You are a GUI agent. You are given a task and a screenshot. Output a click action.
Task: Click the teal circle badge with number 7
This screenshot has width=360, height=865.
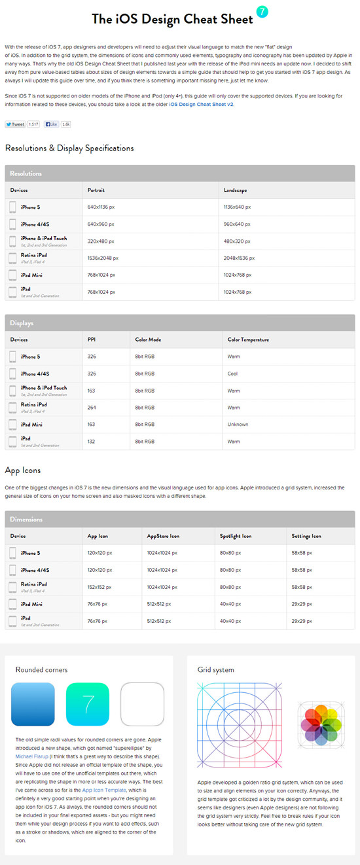[262, 12]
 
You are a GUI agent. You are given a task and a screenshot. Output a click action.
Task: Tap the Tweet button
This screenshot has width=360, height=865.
[15, 124]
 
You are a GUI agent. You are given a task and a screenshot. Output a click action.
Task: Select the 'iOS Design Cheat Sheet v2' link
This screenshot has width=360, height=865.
[201, 104]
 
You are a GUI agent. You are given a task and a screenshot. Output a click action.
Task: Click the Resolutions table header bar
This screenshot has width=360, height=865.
[180, 173]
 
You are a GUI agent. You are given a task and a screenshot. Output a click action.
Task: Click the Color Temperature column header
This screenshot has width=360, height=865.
[248, 340]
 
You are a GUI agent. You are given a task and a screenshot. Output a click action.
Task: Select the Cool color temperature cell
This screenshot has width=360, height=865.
[233, 374]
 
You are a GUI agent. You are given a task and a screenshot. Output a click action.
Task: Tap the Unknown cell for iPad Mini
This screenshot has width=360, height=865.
[238, 425]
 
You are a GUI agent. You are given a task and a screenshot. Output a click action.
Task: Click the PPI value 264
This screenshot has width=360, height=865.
[92, 408]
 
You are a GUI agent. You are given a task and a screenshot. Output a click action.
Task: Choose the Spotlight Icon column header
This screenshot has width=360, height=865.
[236, 536]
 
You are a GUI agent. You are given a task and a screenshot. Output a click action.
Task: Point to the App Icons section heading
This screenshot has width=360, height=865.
[23, 470]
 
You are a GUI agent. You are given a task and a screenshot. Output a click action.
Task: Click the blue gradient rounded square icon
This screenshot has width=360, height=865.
[33, 704]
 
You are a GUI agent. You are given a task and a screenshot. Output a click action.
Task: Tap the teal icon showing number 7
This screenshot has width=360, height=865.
[88, 704]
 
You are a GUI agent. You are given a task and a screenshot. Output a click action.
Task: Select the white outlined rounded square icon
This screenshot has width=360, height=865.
[142, 704]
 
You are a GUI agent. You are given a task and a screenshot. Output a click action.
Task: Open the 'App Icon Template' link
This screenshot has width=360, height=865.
[105, 790]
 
